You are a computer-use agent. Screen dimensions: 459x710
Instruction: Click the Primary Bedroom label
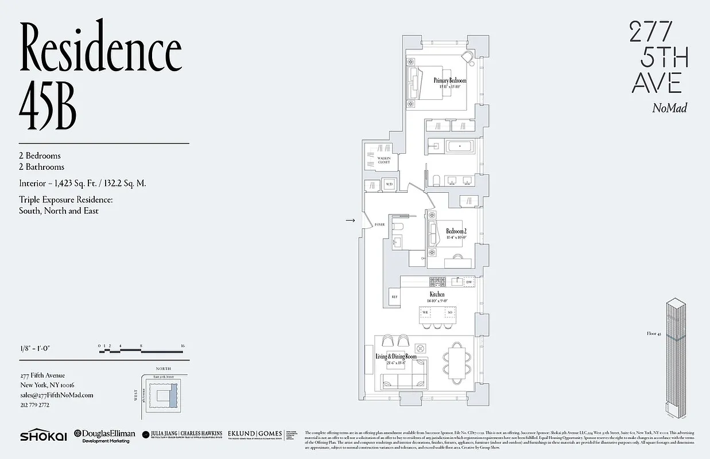[x=450, y=81]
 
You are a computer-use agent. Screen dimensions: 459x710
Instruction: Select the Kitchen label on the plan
[x=437, y=294]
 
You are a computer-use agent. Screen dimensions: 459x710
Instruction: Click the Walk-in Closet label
[x=384, y=160]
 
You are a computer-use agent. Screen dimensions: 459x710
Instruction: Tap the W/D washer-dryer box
[x=389, y=184]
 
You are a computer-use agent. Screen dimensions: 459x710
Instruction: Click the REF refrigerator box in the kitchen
[x=395, y=297]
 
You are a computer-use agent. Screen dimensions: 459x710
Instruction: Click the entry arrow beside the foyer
[x=351, y=220]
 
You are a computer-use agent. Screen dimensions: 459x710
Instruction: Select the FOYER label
[x=379, y=225]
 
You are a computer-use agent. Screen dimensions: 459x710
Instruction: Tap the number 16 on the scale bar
[x=182, y=346]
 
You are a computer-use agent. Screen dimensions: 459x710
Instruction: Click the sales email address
[x=56, y=395]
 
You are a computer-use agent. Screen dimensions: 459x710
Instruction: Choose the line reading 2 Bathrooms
[x=41, y=167]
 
